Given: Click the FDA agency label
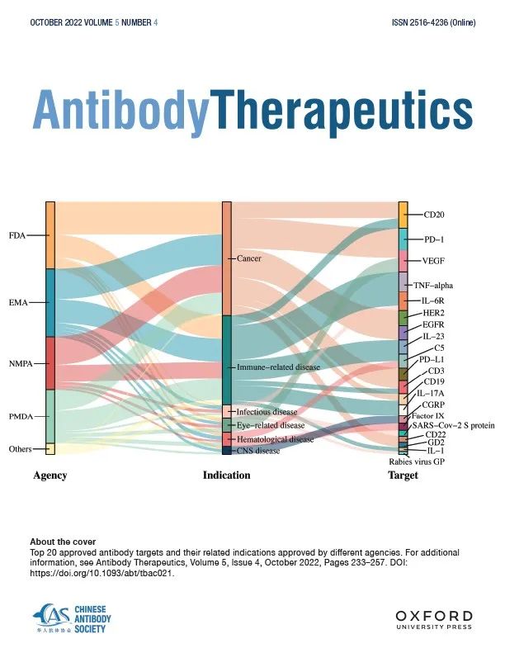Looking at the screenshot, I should (x=17, y=235).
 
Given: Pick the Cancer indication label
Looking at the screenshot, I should (x=248, y=258).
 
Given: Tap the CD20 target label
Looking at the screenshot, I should (x=434, y=215).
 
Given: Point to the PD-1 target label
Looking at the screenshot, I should (x=434, y=239).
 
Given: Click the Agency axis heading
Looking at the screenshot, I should (x=50, y=476).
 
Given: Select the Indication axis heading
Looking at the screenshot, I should (x=226, y=476).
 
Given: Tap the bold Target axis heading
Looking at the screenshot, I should (x=403, y=476).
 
